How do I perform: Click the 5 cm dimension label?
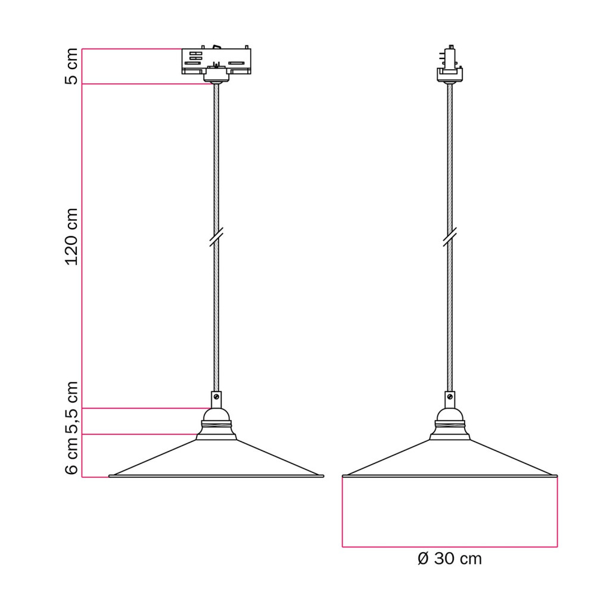click(x=71, y=66)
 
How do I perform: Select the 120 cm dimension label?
click(x=71, y=237)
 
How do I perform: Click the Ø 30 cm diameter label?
click(x=449, y=559)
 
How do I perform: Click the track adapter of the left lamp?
click(x=216, y=64)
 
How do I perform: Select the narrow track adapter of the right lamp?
click(x=450, y=64)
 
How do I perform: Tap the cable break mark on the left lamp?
click(x=216, y=237)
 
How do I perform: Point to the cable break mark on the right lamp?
click(x=450, y=237)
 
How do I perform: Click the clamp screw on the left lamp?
click(x=216, y=397)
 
